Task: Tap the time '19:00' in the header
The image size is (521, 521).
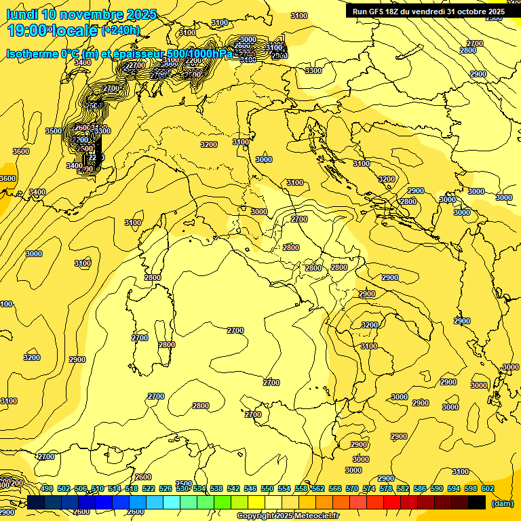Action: tap(28, 30)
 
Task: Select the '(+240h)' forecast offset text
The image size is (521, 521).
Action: tap(121, 31)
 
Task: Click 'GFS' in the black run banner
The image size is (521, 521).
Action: tap(379, 12)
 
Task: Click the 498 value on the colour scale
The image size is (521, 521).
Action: tap(47, 488)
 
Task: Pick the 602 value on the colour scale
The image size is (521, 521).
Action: tap(488, 488)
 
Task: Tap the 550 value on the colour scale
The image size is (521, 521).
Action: tap(267, 488)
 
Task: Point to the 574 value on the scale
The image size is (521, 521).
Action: tap(369, 488)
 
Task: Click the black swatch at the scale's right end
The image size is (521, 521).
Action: tap(477, 503)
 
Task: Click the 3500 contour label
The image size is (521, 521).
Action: tap(53, 131)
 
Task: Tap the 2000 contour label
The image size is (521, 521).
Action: tap(83, 140)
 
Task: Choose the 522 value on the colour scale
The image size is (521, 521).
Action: tap(149, 488)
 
